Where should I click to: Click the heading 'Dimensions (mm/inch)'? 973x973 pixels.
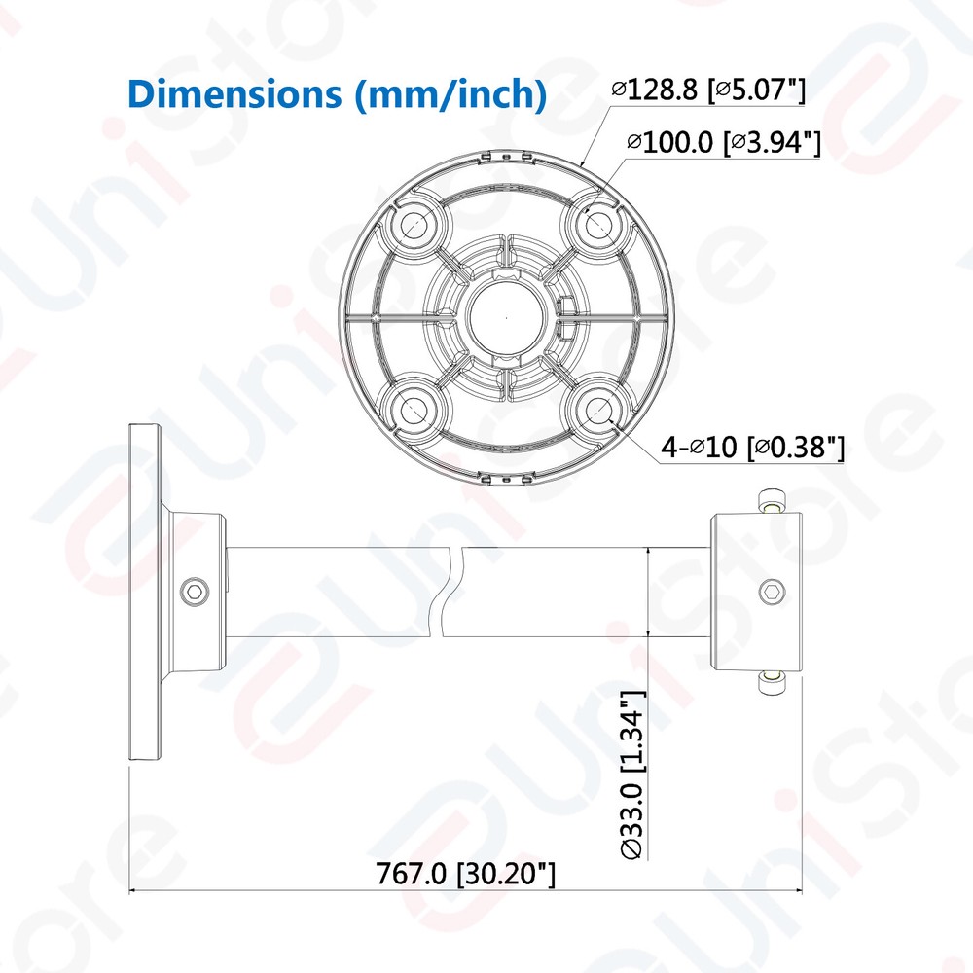click(336, 94)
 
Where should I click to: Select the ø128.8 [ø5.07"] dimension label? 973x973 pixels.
click(708, 90)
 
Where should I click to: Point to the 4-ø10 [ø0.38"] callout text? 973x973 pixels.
click(752, 448)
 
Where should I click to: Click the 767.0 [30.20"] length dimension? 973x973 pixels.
click(466, 873)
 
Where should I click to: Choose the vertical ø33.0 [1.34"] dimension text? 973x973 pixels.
click(632, 775)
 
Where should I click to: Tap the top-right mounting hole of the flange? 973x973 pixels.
click(596, 222)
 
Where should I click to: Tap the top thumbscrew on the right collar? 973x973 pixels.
click(772, 500)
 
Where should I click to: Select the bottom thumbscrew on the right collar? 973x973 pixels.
click(772, 683)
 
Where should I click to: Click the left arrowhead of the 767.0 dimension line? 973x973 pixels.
click(136, 890)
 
